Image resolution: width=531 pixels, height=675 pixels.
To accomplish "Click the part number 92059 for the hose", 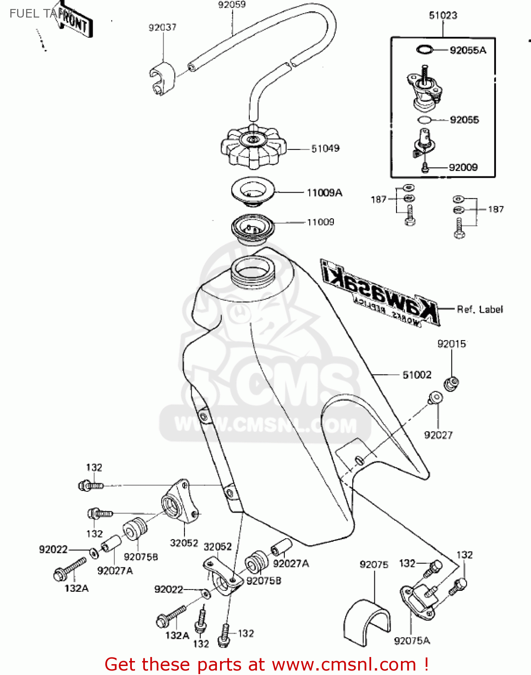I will tap(232, 5).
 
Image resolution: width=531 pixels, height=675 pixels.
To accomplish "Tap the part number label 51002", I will tap(417, 375).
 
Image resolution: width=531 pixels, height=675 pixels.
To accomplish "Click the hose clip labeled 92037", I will tap(161, 79).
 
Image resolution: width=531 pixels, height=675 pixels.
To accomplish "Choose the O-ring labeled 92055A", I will tap(424, 49).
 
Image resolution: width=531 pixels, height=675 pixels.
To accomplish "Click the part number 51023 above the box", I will tap(443, 16).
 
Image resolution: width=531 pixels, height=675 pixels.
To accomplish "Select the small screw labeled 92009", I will tap(425, 168).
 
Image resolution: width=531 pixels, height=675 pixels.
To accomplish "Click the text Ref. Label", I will tap(480, 310).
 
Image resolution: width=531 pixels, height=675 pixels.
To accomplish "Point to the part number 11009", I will tap(320, 222).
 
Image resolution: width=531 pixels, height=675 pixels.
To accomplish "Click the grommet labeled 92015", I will tap(451, 383).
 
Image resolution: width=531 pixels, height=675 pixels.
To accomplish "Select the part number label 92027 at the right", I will tap(438, 435).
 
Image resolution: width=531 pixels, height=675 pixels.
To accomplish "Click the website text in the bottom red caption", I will tap(344, 665).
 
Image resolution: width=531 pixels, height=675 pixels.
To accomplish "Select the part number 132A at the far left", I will tap(76, 588).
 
